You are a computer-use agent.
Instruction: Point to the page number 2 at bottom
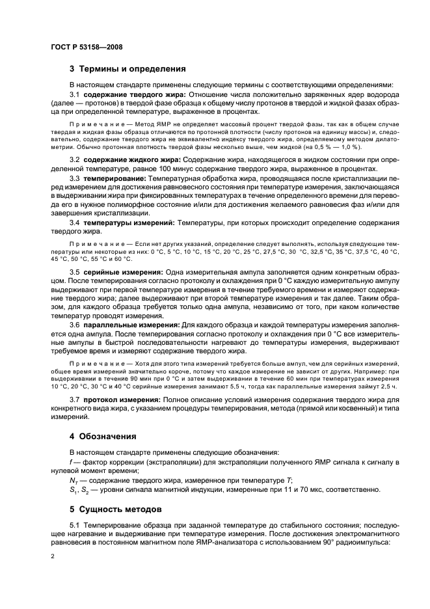click(53, 556)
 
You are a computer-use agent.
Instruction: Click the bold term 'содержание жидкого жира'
click(132, 159)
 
